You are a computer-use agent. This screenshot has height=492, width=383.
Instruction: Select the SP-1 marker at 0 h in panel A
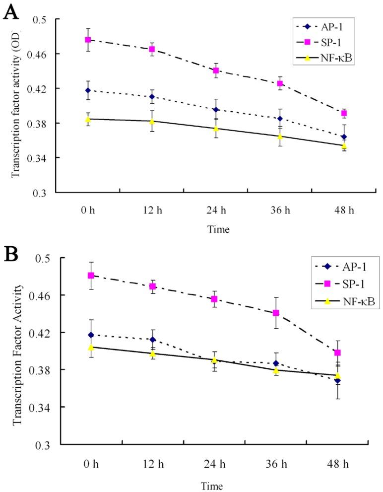[x=88, y=40]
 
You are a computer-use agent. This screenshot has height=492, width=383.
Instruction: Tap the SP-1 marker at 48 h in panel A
[x=344, y=113]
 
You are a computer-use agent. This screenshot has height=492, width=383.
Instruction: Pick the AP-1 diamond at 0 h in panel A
[x=88, y=90]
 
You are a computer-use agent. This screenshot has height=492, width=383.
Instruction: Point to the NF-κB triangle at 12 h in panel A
[x=152, y=121]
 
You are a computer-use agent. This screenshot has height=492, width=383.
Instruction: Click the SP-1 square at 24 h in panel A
[x=216, y=70]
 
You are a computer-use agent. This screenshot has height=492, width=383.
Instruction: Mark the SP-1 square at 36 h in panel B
[x=276, y=313]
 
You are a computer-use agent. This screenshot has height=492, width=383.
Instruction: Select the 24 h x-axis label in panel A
[x=216, y=210]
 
